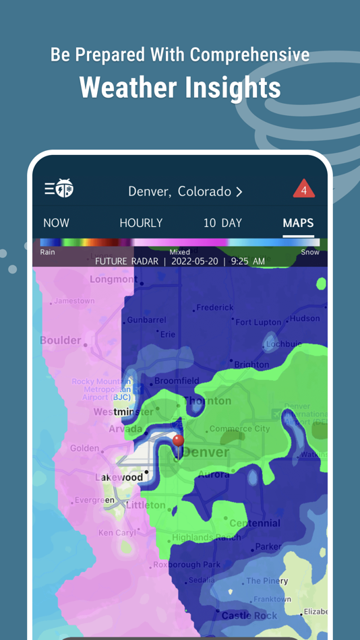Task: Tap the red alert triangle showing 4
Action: click(303, 189)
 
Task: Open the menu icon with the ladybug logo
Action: click(59, 189)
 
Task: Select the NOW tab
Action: click(56, 223)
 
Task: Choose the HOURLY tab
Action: click(141, 223)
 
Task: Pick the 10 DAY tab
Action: click(222, 223)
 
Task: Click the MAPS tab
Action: click(298, 223)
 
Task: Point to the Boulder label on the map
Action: click(60, 340)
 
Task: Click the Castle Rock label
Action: click(249, 615)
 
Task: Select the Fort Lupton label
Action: click(258, 322)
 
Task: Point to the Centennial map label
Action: click(254, 523)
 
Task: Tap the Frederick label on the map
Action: click(215, 307)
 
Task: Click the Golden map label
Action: click(84, 448)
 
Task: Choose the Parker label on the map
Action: click(268, 546)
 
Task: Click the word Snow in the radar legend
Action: click(309, 252)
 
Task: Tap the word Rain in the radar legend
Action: click(48, 252)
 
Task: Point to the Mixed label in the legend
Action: click(179, 252)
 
